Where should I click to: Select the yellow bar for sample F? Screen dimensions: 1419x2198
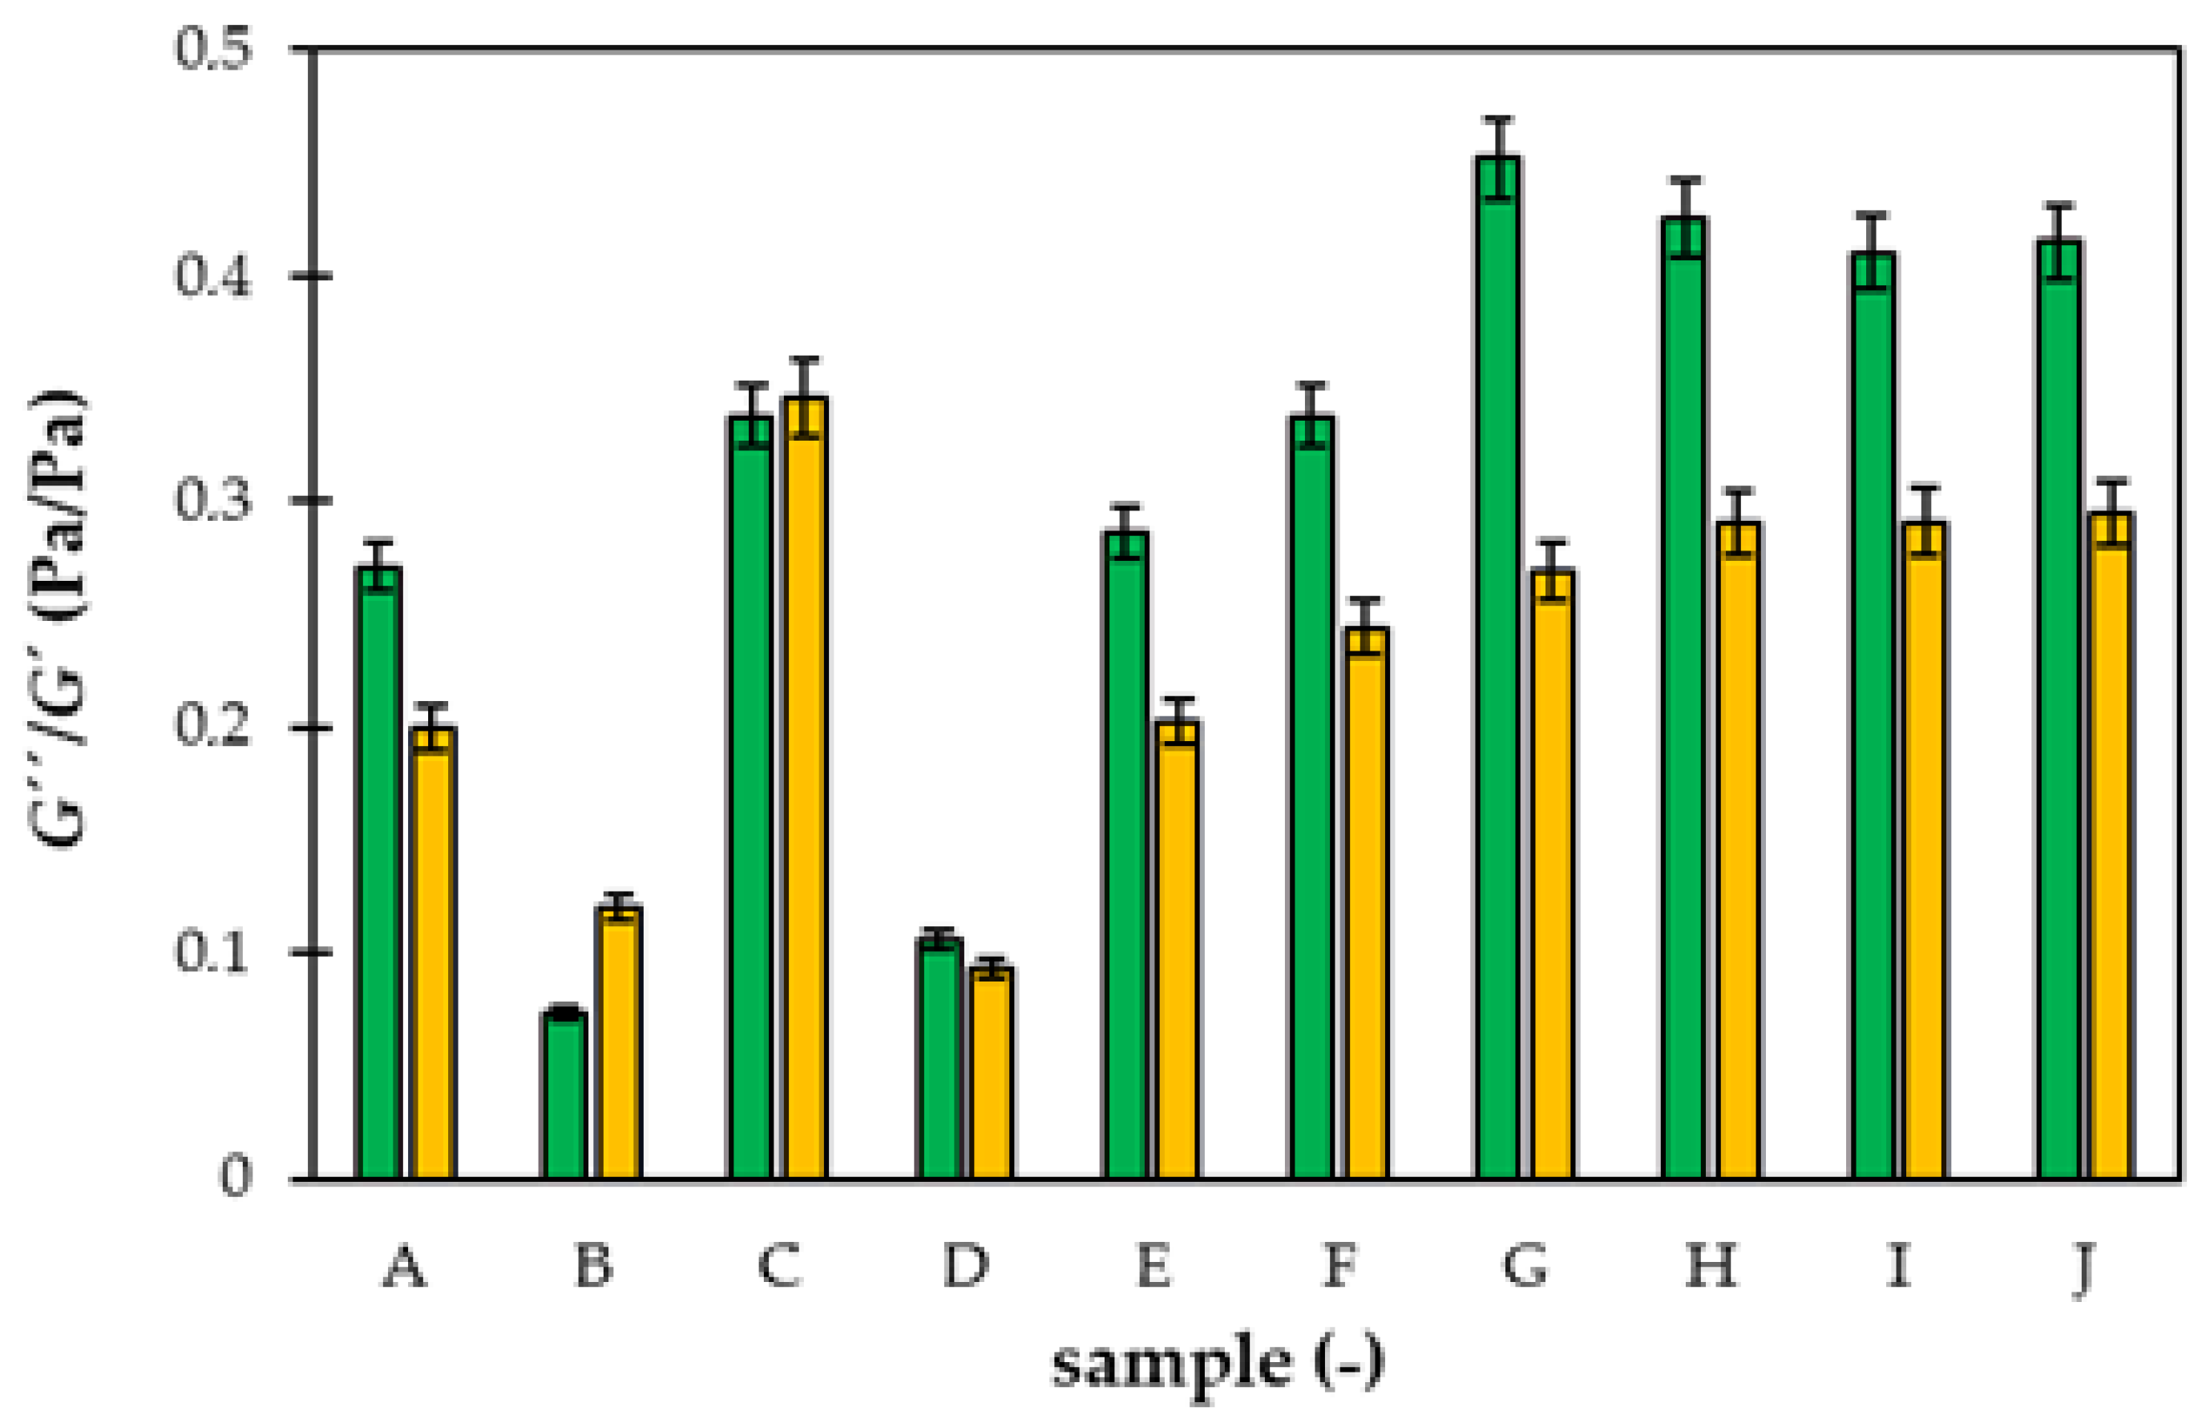(x=1366, y=903)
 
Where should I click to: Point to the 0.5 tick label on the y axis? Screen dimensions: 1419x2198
(x=213, y=48)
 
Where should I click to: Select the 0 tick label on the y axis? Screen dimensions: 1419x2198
(x=235, y=1178)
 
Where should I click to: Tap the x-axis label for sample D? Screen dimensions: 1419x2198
(x=965, y=1267)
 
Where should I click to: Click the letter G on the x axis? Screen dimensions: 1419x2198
(x=1525, y=1267)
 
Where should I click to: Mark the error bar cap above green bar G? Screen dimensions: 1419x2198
(x=1500, y=119)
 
